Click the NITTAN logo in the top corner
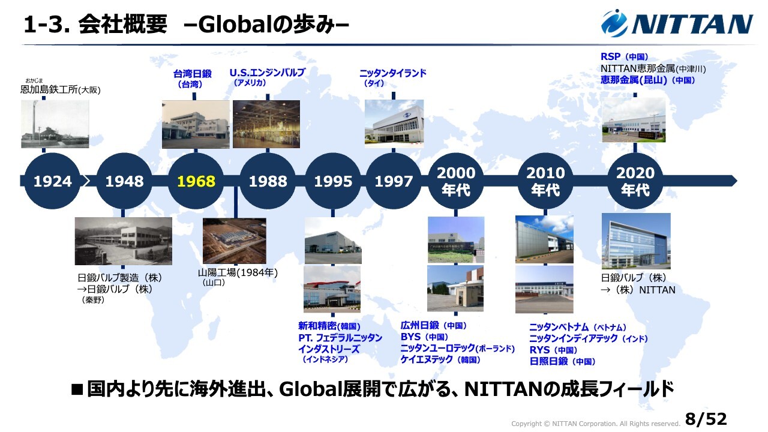[677, 23]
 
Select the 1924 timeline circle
[52, 181]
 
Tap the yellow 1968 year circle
[196, 181]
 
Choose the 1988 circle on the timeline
[268, 181]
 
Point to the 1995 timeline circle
[333, 181]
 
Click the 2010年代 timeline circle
[545, 181]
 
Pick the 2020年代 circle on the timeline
[635, 181]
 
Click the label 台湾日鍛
[193, 73]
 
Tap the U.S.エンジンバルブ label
[268, 73]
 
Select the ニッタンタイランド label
[393, 73]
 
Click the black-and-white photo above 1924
[55, 124]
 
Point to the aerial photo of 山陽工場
[235, 241]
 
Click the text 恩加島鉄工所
[49, 89]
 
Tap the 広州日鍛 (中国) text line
[433, 325]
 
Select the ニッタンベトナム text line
[578, 327]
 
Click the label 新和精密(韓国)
[329, 326]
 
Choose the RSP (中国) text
[625, 56]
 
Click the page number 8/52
[706, 419]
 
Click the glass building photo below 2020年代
[636, 241]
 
